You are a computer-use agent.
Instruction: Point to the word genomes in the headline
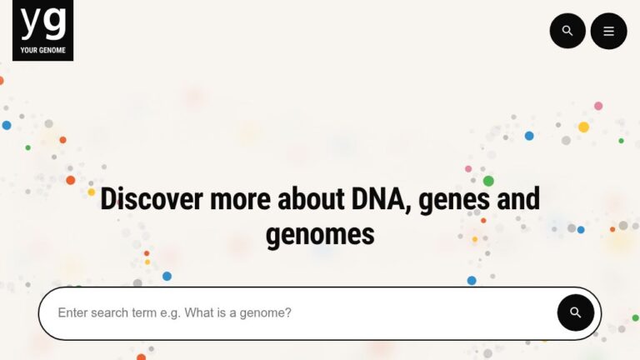click(x=320, y=234)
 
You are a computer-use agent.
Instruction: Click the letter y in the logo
click(x=31, y=23)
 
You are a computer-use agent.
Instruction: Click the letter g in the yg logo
click(x=54, y=23)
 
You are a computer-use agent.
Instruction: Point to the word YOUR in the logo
click(x=28, y=50)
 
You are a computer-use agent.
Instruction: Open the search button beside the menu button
click(x=567, y=31)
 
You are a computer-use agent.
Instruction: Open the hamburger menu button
click(x=608, y=31)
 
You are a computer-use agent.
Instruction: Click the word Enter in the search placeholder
click(x=73, y=313)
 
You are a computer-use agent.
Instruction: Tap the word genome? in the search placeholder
click(x=267, y=313)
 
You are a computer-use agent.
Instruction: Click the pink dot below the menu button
click(x=598, y=106)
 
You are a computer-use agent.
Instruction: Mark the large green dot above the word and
click(x=488, y=181)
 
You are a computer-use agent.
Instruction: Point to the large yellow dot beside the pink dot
click(x=583, y=127)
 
